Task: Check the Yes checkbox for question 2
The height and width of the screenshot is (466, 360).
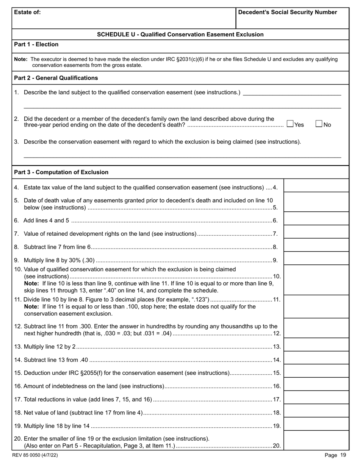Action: coord(290,124)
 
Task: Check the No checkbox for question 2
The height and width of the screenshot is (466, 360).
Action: coord(319,124)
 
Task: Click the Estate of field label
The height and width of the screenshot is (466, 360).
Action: coord(27,12)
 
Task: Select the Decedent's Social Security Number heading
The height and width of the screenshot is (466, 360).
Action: coord(288,12)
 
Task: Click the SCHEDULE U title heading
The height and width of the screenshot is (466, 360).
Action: coord(180,34)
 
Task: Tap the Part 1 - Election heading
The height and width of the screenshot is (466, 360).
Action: coord(36,44)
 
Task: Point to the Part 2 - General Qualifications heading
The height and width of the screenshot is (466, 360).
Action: coord(56,78)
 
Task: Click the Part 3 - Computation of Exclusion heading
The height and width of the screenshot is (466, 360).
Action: coord(61,172)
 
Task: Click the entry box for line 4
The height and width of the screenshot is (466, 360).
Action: coord(316,186)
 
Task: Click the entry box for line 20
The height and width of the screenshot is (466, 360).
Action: coord(316,441)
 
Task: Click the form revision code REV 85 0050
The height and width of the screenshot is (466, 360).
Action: coord(35,455)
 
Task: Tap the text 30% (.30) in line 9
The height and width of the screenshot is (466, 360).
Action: coord(80,260)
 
